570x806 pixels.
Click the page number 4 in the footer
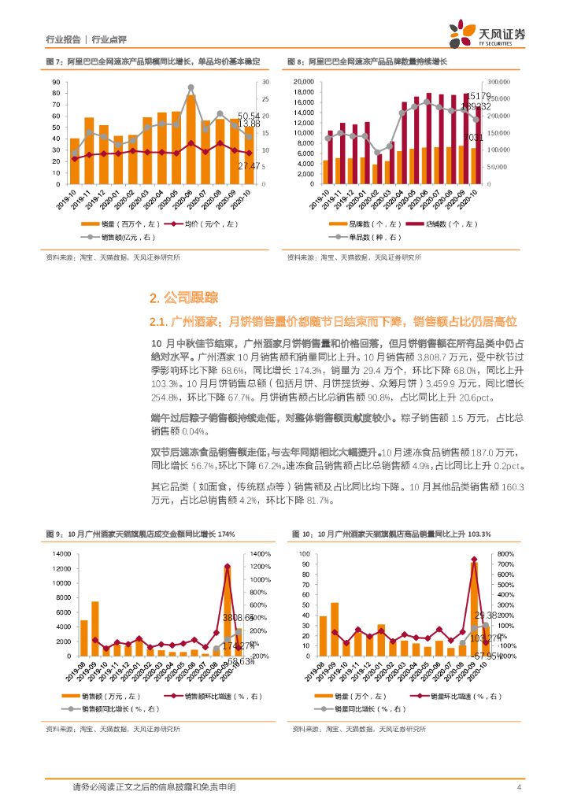tap(519, 787)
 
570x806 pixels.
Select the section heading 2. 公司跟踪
tap(183, 298)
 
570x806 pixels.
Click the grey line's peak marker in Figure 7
tap(191, 87)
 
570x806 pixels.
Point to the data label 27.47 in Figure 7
tap(249, 166)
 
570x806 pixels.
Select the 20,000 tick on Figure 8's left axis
tap(304, 82)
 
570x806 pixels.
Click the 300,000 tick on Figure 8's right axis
tap(500, 82)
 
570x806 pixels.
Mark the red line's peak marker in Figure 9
tap(227, 566)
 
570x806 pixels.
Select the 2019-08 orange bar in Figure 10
tap(323, 636)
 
